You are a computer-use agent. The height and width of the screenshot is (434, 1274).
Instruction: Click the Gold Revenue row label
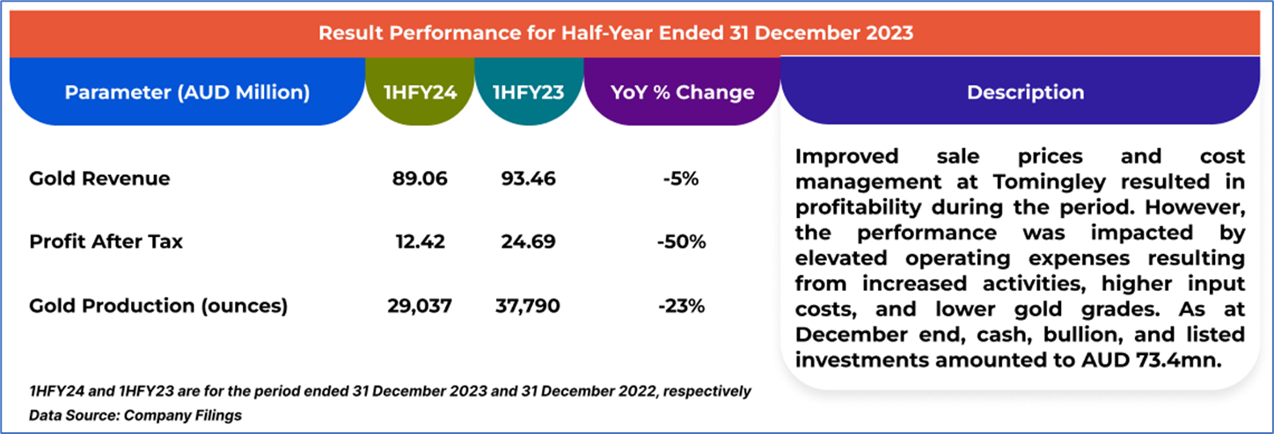99,179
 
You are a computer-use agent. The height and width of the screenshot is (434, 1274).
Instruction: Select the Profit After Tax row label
106,242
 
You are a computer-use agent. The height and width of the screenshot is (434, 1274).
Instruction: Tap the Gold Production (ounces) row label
158,306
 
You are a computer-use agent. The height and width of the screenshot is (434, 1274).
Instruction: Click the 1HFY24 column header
420,92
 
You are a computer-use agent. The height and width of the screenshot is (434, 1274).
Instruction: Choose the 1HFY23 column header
528,92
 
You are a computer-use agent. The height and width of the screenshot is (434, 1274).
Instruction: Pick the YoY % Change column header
682,92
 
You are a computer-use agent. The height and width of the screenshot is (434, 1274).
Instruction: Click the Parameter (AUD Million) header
187,92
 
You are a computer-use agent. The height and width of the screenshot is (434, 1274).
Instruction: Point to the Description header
1025,92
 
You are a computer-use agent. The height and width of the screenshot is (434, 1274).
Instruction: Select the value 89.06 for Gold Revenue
420,179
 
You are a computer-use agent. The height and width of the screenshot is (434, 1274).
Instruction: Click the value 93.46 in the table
527,179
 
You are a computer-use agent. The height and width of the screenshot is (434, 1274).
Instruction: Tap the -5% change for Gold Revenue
681,179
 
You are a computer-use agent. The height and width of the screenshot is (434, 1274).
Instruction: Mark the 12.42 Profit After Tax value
420,242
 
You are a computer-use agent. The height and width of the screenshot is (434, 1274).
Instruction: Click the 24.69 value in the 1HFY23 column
527,242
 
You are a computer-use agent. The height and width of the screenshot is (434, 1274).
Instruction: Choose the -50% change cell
681,242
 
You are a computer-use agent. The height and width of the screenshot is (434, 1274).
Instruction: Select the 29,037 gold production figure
420,306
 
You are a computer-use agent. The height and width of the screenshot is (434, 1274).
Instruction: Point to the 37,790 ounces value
527,306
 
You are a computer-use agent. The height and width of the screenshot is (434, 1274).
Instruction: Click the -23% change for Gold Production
681,306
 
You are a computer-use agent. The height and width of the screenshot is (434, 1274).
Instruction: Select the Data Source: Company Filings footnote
135,415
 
